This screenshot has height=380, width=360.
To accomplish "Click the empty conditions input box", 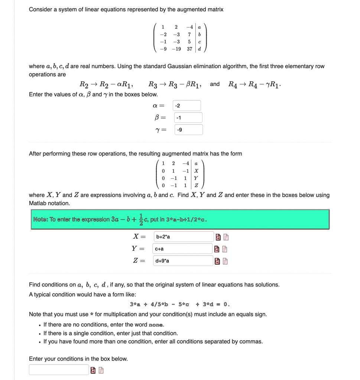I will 59,370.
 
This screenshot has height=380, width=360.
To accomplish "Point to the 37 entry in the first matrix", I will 190,49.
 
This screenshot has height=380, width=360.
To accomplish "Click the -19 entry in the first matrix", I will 176,49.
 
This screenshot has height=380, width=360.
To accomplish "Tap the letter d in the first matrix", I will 200,49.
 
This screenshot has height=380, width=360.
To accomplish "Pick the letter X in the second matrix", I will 196,171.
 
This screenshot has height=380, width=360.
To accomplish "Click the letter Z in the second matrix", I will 196,184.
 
